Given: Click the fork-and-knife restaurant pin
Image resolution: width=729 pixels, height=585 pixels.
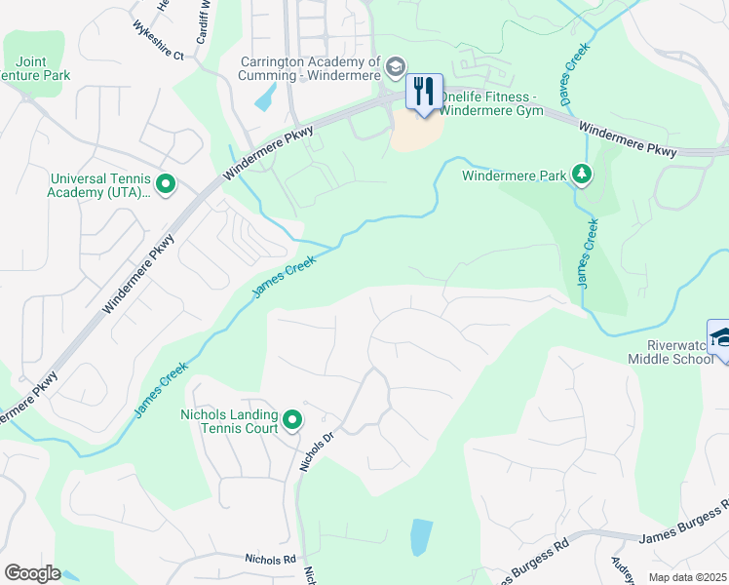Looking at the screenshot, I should (424, 93).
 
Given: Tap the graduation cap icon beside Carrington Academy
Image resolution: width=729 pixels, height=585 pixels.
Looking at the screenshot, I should (395, 67).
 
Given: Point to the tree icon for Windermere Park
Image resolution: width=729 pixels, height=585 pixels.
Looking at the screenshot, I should (582, 175).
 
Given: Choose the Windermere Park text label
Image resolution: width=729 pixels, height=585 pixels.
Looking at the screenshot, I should (515, 176).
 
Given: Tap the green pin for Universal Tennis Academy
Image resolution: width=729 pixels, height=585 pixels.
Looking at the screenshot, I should (165, 182).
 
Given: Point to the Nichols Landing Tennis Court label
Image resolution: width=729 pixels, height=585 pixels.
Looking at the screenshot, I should (230, 421).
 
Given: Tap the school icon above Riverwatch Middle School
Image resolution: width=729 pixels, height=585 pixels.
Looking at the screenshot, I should (719, 338).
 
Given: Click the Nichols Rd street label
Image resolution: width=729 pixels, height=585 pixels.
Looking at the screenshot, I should (270, 560).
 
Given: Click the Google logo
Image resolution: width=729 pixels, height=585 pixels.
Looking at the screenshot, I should (32, 573).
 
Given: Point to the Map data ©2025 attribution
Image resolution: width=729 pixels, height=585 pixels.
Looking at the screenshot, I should (687, 577).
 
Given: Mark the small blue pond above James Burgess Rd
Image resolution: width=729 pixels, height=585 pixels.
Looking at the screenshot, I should (421, 536).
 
